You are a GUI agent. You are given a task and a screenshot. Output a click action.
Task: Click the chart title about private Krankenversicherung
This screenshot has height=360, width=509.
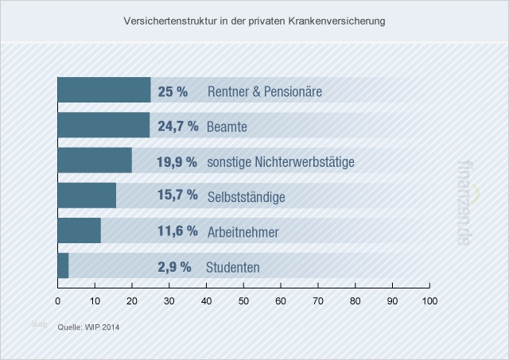pyautogui.click(x=254, y=21)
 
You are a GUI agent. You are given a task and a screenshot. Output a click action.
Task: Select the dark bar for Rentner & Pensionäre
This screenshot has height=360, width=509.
pyautogui.click(x=104, y=91)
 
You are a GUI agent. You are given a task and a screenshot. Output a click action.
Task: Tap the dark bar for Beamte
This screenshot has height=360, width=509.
pyautogui.click(x=103, y=126)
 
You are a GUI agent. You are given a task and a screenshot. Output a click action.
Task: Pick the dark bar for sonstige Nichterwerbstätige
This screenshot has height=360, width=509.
pyautogui.click(x=95, y=161)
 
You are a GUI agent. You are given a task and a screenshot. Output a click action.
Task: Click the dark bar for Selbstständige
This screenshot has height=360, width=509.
pyautogui.click(x=87, y=195)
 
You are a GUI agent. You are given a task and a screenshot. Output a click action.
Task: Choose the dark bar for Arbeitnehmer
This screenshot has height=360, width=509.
pyautogui.click(x=79, y=231)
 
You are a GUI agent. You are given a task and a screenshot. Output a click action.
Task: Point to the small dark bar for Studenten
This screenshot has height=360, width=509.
pyautogui.click(x=63, y=266)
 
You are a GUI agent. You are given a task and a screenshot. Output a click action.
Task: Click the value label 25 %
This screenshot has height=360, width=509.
pyautogui.click(x=173, y=91)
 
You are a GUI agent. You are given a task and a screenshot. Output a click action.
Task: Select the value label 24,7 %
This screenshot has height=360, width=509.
pyautogui.click(x=177, y=126)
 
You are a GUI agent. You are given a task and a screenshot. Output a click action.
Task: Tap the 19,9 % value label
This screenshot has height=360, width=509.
pyautogui.click(x=177, y=162)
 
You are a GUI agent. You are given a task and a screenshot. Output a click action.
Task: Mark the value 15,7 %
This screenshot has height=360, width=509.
pyautogui.click(x=177, y=196)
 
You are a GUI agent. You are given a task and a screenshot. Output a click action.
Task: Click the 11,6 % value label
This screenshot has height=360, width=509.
pyautogui.click(x=177, y=232)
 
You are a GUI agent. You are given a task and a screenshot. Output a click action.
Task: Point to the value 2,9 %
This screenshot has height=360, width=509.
pyautogui.click(x=174, y=267)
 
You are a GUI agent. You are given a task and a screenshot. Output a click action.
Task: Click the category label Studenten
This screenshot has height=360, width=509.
pyautogui.click(x=233, y=267)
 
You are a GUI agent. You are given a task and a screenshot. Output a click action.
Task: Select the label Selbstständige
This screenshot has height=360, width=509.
pyautogui.click(x=246, y=196)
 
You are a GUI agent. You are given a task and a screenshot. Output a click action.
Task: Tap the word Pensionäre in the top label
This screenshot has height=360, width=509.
pyautogui.click(x=293, y=91)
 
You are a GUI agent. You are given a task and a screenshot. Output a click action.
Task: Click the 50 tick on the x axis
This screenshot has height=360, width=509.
pyautogui.click(x=243, y=300)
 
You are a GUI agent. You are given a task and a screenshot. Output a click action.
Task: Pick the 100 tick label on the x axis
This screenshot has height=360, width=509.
pyautogui.click(x=429, y=300)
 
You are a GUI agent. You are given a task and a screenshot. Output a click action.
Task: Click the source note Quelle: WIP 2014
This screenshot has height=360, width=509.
pyautogui.click(x=88, y=326)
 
